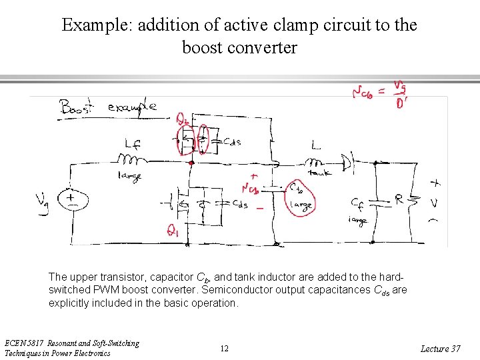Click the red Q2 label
pyautogui.click(x=182, y=119)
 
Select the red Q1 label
pyautogui.click(x=173, y=231)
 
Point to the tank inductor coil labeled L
pyautogui.click(x=314, y=162)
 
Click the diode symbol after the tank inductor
pyautogui.click(x=347, y=162)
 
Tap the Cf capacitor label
pyautogui.click(x=357, y=203)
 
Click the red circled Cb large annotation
pyautogui.click(x=299, y=198)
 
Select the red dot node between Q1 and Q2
pyautogui.click(x=191, y=162)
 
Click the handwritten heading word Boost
pyautogui.click(x=77, y=107)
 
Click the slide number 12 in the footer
pyautogui.click(x=225, y=349)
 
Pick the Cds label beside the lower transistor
pyautogui.click(x=239, y=204)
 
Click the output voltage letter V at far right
pyautogui.click(x=434, y=201)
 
